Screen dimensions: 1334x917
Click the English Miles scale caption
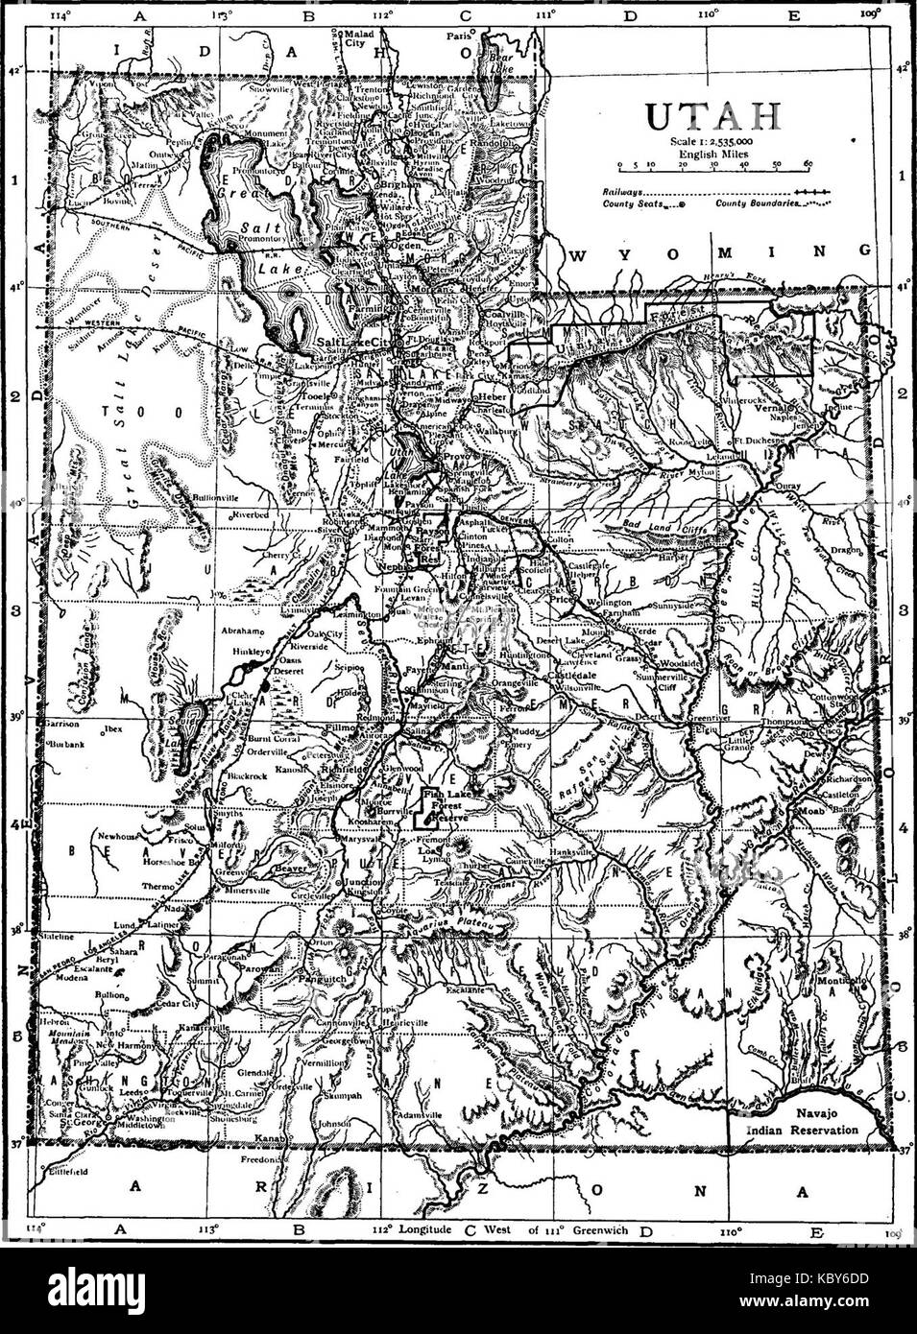(713, 152)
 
